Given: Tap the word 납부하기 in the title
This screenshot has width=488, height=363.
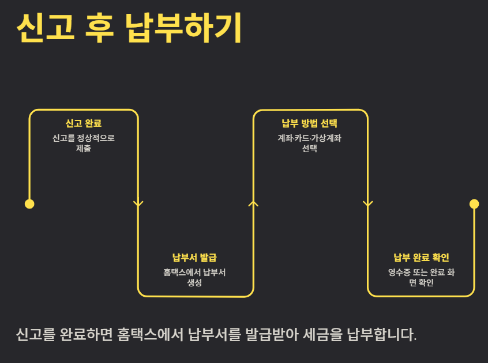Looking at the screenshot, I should (x=183, y=27).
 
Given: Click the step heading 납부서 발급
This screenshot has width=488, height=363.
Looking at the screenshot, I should (x=194, y=257).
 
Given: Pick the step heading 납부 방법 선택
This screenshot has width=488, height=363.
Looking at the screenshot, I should (x=309, y=123).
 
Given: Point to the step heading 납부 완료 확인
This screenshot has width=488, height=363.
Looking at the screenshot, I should (x=421, y=257).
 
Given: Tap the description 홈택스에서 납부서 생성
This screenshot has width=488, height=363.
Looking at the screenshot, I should (x=194, y=277).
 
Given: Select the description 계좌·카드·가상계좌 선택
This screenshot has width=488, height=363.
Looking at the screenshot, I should (x=309, y=143).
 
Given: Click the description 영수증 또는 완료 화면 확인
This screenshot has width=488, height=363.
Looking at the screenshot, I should (x=421, y=277).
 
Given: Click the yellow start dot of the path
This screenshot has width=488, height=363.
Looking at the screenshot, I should (x=29, y=203).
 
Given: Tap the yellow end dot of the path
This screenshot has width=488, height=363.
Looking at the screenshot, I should (x=474, y=203).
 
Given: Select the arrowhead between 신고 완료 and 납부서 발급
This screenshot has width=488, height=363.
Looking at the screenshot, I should (x=138, y=203).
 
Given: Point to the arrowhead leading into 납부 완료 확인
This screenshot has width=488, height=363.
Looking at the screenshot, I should (x=367, y=203).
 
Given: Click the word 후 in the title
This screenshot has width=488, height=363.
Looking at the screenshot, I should (x=100, y=27).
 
